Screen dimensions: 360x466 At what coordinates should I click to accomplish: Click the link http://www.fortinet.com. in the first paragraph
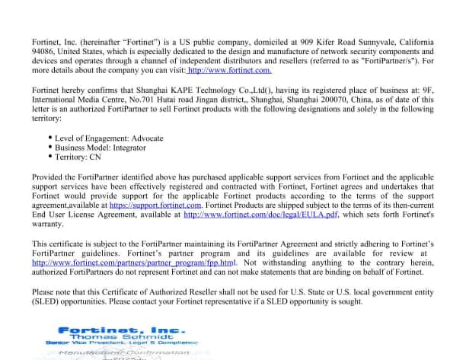click(x=229, y=70)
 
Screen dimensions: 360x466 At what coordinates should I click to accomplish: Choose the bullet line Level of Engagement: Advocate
click(x=104, y=138)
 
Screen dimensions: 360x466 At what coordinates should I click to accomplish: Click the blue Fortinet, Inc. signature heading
click(x=122, y=330)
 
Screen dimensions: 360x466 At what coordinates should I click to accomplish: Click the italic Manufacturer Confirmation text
click(x=123, y=354)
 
